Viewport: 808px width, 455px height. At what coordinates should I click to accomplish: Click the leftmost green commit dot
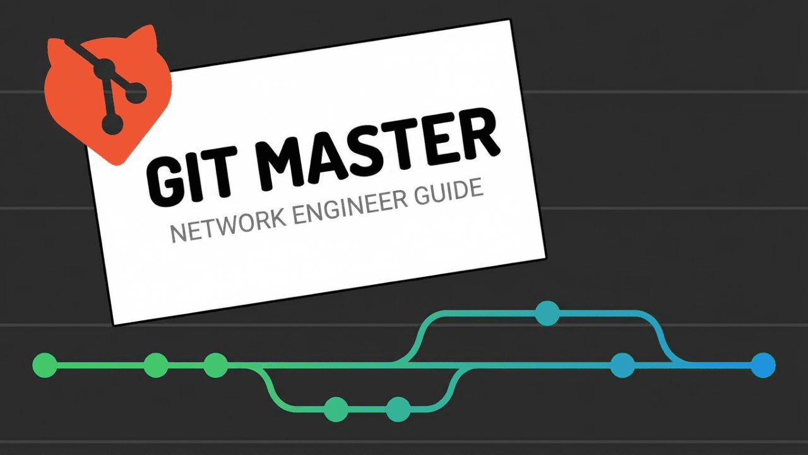45,365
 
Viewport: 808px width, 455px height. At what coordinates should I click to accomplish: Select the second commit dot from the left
156,365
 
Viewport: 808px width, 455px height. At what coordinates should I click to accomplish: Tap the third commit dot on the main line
216,365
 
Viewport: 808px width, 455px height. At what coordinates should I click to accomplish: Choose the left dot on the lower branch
336,409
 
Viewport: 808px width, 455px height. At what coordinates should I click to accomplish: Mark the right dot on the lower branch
398,409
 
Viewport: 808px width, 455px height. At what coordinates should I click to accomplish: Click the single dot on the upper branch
547,313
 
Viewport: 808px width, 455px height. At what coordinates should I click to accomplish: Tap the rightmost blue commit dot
763,365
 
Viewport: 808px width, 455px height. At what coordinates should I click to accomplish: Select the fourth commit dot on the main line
622,365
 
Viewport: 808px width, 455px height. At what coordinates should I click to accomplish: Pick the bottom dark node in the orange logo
112,124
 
